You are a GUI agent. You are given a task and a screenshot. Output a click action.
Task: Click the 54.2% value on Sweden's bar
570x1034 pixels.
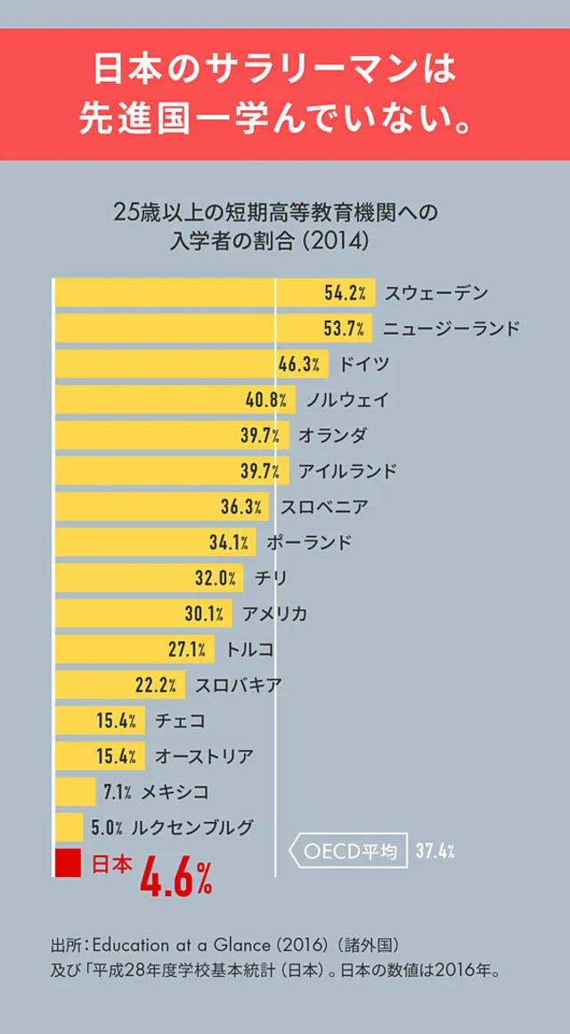point(344,293)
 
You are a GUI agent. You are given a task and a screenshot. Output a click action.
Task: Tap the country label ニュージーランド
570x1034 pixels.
point(451,329)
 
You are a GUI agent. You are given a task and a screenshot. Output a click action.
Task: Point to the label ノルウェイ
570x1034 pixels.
point(347,400)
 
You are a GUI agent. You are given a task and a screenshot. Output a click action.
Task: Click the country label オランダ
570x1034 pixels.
point(331,436)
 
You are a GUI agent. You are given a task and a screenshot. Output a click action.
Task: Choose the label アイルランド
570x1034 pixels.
point(347,471)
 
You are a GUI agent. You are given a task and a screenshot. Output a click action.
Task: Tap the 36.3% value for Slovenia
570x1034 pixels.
point(241,507)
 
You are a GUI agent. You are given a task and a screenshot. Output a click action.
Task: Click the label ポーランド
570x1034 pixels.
point(308,542)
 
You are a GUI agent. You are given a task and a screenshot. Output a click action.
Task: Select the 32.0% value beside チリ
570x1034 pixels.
point(216,578)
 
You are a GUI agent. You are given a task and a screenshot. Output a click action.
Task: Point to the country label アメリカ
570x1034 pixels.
point(274,614)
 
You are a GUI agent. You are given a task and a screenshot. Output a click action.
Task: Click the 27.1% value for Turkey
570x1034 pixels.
point(189,649)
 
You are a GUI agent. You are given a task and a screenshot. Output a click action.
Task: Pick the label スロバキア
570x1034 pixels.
point(238,685)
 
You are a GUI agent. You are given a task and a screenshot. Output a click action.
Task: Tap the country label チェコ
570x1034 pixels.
point(180,721)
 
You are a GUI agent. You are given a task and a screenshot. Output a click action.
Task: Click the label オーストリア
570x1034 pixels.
point(204,756)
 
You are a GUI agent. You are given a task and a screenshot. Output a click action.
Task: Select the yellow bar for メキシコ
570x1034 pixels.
point(75,792)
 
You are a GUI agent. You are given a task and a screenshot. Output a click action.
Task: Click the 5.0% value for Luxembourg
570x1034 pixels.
point(107,827)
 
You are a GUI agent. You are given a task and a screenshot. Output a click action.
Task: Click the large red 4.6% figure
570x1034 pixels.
point(175,877)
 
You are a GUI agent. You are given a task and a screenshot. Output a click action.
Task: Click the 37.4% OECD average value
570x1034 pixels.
point(436,851)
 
